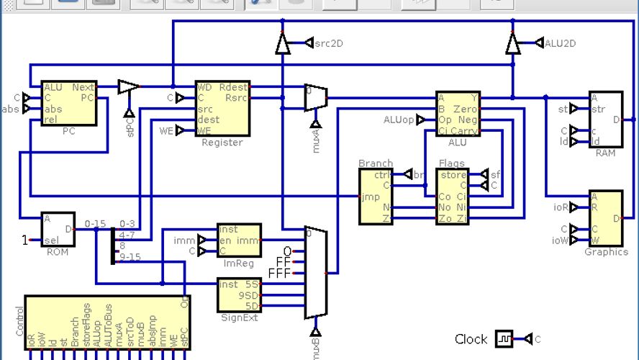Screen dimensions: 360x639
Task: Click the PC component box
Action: tap(68, 103)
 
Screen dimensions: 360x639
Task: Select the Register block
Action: tap(222, 109)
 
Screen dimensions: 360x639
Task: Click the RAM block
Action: tap(605, 120)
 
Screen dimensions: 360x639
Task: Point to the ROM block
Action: tap(58, 230)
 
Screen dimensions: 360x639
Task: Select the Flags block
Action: tap(452, 197)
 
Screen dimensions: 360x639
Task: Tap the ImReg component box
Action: tap(239, 240)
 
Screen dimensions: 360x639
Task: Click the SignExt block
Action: tap(239, 294)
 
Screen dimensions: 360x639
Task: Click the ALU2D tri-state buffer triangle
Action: tap(512, 45)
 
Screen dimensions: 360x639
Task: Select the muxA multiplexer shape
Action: tap(315, 98)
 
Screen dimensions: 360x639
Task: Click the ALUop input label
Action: tap(398, 120)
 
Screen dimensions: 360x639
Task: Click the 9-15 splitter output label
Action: tap(130, 256)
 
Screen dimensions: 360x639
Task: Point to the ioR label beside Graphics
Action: tap(561, 207)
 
